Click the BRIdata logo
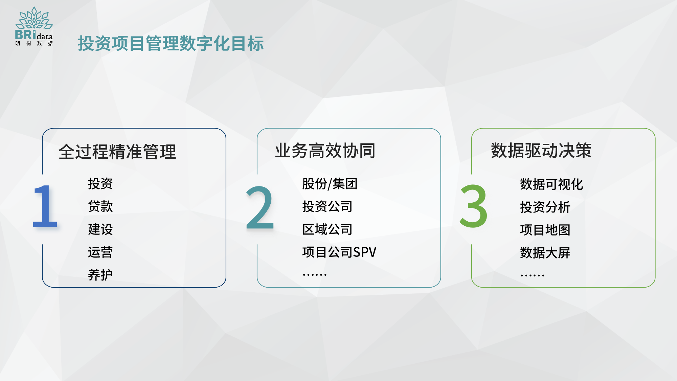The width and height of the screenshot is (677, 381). tap(34, 26)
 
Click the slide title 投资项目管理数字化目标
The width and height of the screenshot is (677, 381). tap(171, 44)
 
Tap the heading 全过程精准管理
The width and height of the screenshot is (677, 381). tap(117, 152)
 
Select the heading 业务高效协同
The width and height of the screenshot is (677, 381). tap(325, 151)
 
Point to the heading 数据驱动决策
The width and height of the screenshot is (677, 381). tap(541, 151)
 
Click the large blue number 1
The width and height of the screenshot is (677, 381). tap(45, 206)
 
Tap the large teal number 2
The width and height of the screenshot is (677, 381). tap(260, 207)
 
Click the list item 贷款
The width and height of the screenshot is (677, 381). tap(100, 206)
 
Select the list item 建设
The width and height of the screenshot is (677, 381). tap(100, 229)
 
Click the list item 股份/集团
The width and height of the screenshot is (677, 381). tap(330, 184)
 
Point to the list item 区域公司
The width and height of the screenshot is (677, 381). tap(328, 229)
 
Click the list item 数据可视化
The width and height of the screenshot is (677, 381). tap(552, 184)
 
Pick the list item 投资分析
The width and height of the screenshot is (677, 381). tap(545, 207)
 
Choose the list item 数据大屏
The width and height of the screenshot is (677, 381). tap(545, 253)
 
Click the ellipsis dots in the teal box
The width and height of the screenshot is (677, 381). tap(315, 275)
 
